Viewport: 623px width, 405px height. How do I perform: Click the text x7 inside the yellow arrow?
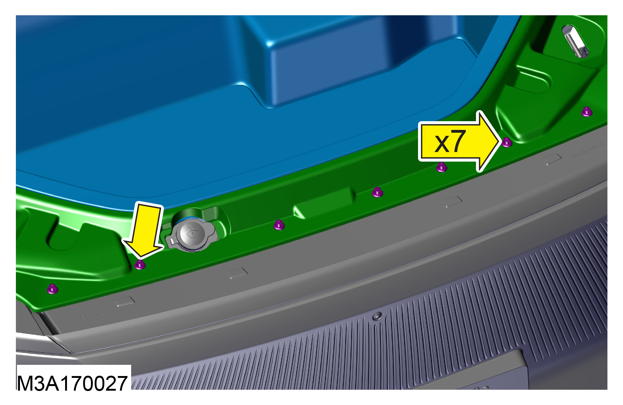click(450, 141)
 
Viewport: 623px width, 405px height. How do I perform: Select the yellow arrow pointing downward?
click(144, 231)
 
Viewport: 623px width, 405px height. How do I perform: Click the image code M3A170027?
click(72, 383)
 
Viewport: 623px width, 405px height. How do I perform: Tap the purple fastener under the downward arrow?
click(140, 265)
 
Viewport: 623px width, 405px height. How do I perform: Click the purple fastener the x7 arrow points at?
click(507, 142)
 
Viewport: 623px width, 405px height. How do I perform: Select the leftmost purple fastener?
click(53, 289)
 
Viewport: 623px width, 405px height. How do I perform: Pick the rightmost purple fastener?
click(587, 112)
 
